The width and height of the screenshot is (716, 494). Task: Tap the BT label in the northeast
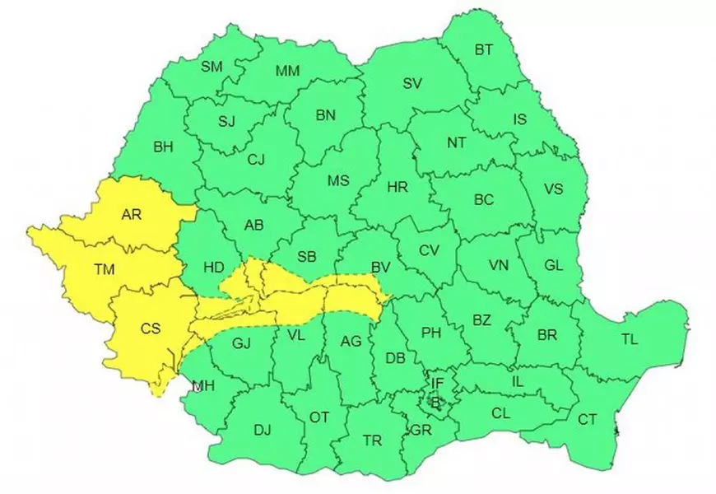pyautogui.click(x=484, y=49)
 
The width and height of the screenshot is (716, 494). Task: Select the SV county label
pyautogui.click(x=412, y=82)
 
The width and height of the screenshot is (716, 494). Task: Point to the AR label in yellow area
pyautogui.click(x=131, y=215)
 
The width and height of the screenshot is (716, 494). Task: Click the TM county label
pyautogui.click(x=105, y=268)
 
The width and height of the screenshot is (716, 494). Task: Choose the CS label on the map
pyautogui.click(x=151, y=329)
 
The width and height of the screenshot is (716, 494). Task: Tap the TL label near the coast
pyautogui.click(x=630, y=338)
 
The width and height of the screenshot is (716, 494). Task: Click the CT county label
pyautogui.click(x=587, y=419)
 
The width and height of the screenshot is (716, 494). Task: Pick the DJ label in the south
pyautogui.click(x=262, y=429)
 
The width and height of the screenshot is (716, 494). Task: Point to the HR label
pyautogui.click(x=397, y=188)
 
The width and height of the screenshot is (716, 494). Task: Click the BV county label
pyautogui.click(x=380, y=267)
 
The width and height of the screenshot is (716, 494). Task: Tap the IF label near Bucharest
pyautogui.click(x=437, y=383)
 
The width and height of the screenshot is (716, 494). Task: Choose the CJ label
pyautogui.click(x=256, y=161)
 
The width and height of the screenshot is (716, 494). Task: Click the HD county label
pyautogui.click(x=213, y=267)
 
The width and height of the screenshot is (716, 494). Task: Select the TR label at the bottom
pyautogui.click(x=372, y=440)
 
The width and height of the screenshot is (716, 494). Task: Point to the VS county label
pyautogui.click(x=554, y=189)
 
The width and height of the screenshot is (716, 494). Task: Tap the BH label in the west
pyautogui.click(x=163, y=147)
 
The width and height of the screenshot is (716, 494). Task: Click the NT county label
pyautogui.click(x=457, y=142)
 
